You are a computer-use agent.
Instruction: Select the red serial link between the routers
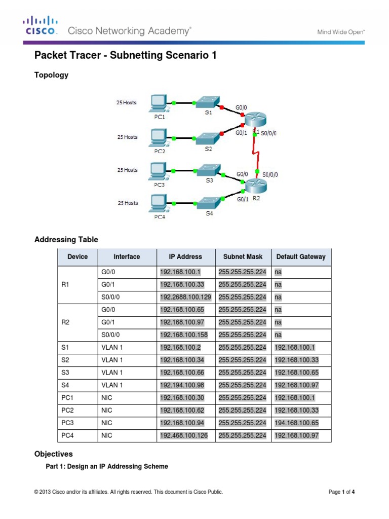pyautogui.click(x=256, y=152)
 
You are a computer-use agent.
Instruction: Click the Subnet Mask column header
pyautogui.click(x=243, y=257)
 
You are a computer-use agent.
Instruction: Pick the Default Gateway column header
pyautogui.click(x=301, y=257)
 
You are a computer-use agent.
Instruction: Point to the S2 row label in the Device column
pyautogui.click(x=64, y=360)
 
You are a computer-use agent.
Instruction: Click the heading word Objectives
pyautogui.click(x=53, y=454)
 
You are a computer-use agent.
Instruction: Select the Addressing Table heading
pyautogui.click(x=66, y=239)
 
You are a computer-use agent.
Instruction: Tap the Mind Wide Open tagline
pyautogui.click(x=341, y=31)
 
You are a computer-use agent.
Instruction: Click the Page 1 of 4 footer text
pyautogui.click(x=344, y=492)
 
